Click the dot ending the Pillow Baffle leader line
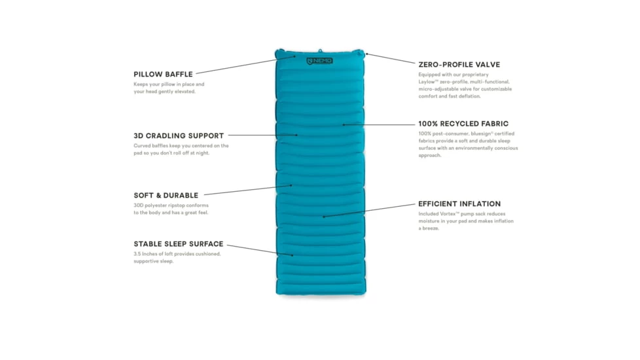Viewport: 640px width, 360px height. [294, 56]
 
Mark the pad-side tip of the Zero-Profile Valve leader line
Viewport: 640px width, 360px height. [367, 54]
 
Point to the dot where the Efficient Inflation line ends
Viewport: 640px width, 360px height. [324, 217]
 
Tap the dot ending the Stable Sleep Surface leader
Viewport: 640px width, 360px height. [293, 255]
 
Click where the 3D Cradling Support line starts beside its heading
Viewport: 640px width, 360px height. [228, 135]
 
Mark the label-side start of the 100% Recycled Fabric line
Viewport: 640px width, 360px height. [415, 125]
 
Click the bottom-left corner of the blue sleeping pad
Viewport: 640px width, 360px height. [277, 293]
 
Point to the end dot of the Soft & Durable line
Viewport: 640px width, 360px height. [291, 185]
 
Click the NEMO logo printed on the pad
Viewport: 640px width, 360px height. [319, 61]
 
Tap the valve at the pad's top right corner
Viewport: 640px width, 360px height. [359, 53]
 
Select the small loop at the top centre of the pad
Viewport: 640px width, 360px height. [321, 50]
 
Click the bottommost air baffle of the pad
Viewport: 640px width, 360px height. [321, 287]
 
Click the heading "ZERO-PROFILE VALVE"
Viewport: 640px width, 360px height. [459, 65]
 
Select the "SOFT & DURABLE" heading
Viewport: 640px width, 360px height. [166, 196]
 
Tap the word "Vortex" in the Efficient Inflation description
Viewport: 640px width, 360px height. [448, 214]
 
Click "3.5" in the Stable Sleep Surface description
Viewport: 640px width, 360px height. [137, 254]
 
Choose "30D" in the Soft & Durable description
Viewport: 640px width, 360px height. [138, 206]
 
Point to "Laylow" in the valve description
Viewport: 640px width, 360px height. [426, 82]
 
